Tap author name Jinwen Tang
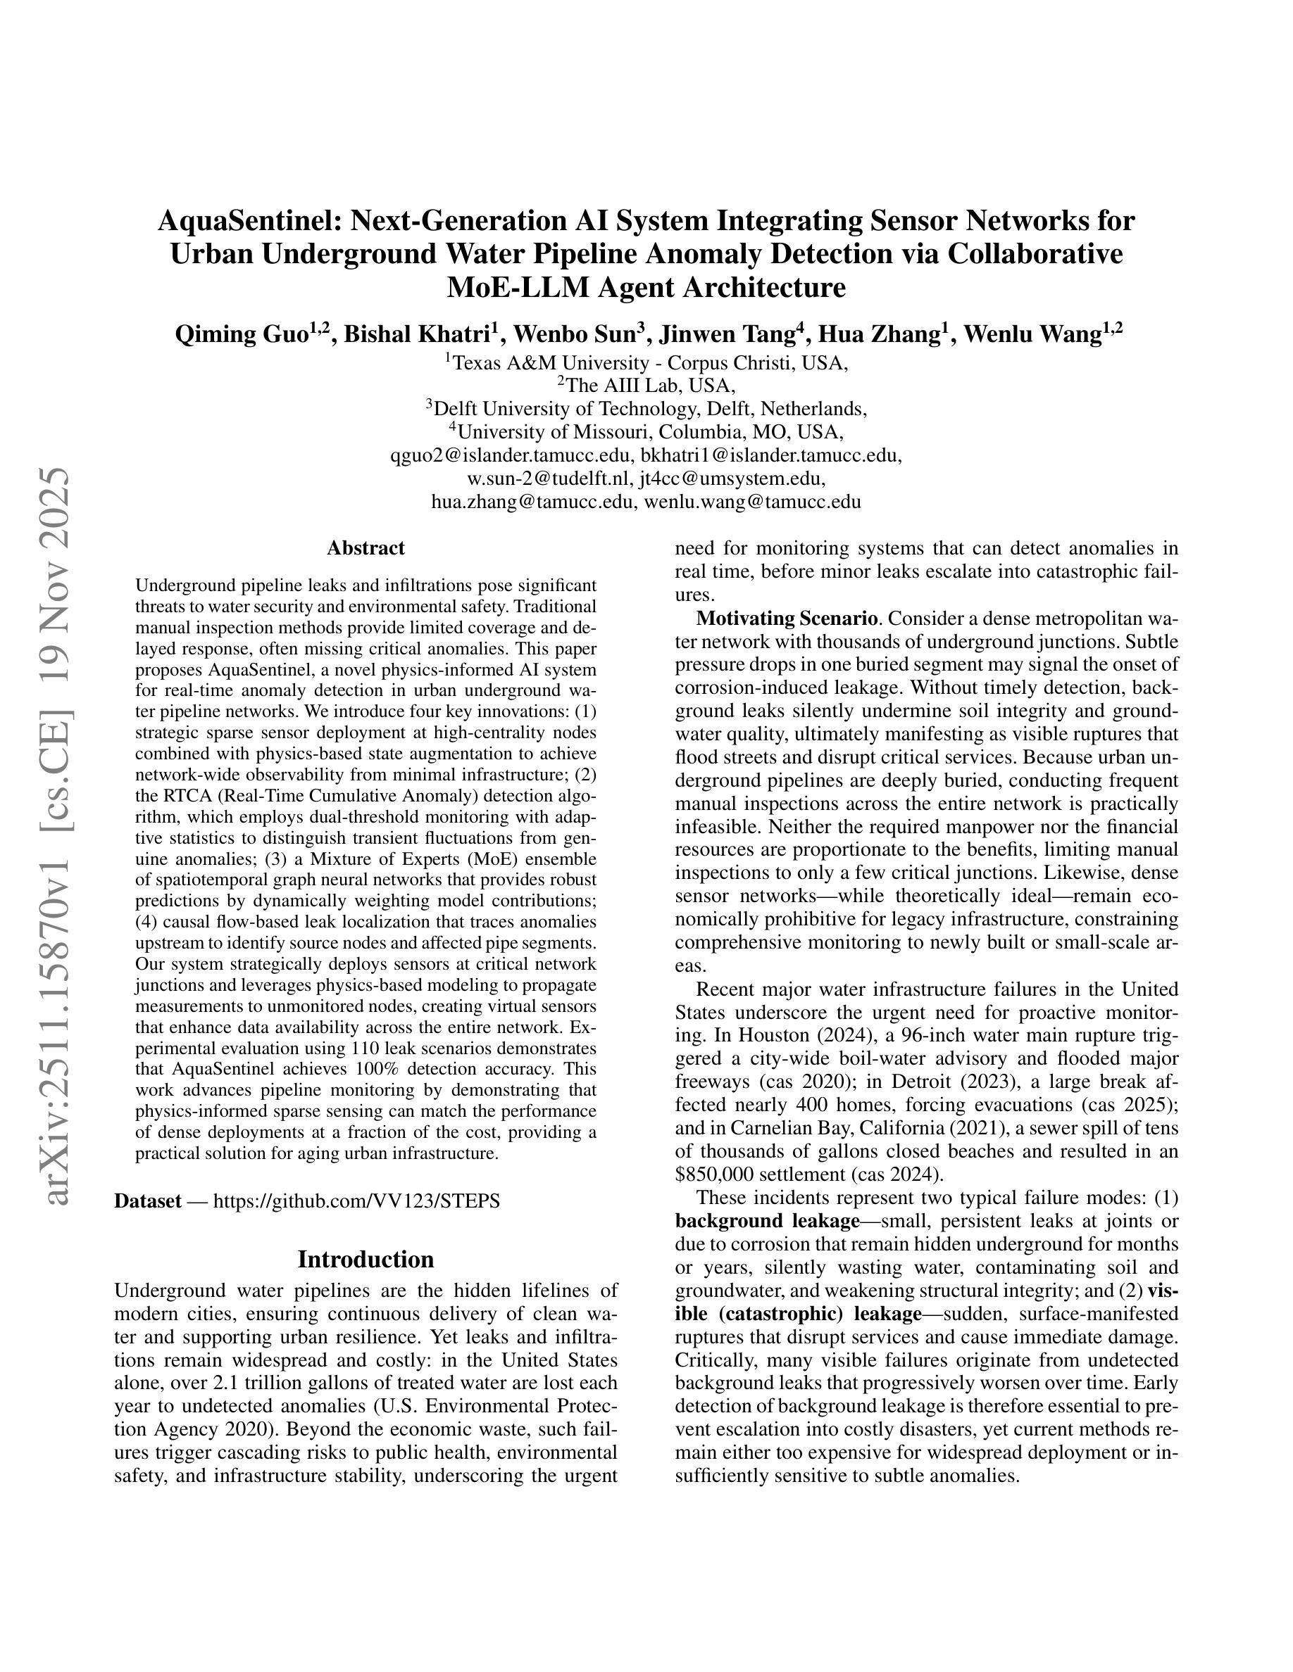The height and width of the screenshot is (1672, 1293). click(x=731, y=334)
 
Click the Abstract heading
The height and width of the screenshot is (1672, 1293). click(x=366, y=548)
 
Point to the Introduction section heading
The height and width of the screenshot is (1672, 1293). click(x=366, y=1260)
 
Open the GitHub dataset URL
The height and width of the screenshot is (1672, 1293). click(x=356, y=1201)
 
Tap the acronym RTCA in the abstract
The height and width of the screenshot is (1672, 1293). click(x=180, y=795)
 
